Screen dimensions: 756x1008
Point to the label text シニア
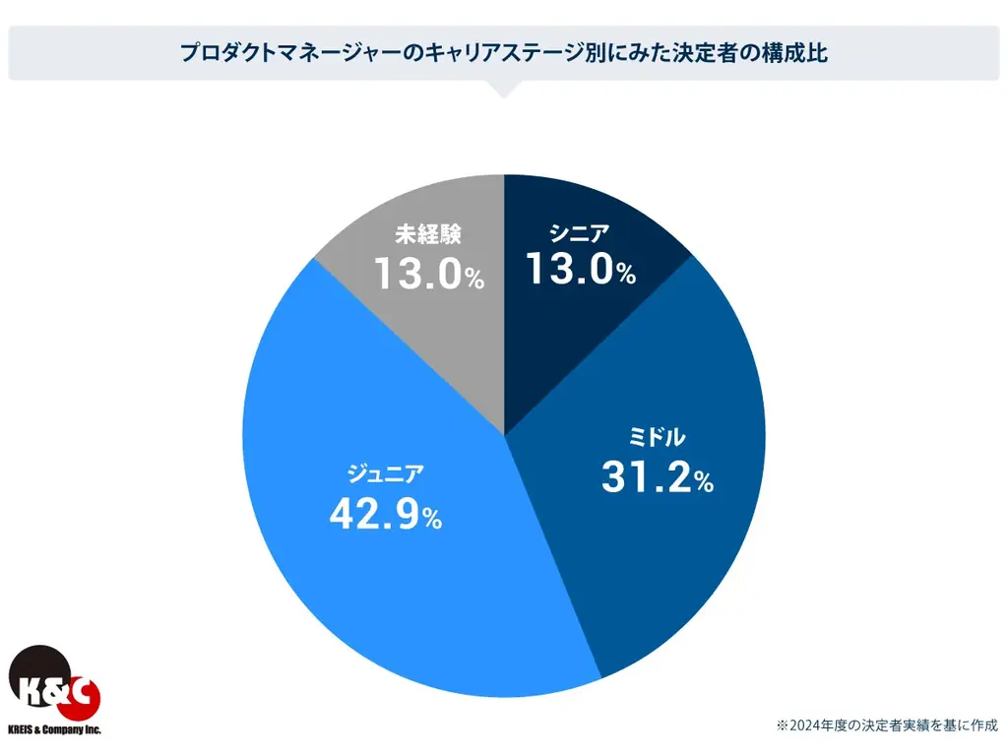(580, 233)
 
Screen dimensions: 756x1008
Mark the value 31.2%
(657, 478)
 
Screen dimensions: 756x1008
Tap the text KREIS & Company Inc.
(54, 730)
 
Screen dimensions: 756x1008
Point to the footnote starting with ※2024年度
(887, 724)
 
